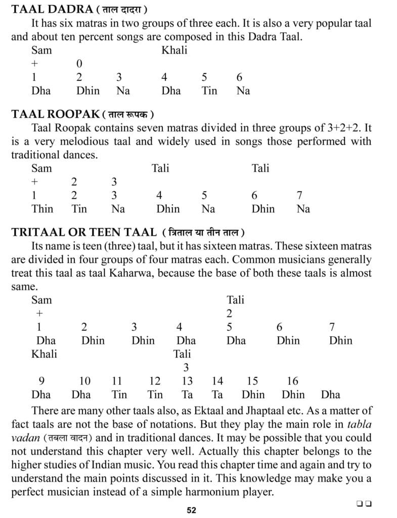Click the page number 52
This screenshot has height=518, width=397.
coord(191,510)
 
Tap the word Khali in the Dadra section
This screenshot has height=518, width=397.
coord(174,50)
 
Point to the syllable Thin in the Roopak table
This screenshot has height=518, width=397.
coord(42,208)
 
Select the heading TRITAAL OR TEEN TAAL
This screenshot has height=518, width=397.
coord(84,232)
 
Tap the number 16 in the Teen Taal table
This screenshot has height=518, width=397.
coord(292,381)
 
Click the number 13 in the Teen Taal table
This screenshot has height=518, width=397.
coord(187,381)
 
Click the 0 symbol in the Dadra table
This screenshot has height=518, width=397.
coord(79,64)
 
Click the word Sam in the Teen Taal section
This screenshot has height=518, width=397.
coord(41,299)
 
